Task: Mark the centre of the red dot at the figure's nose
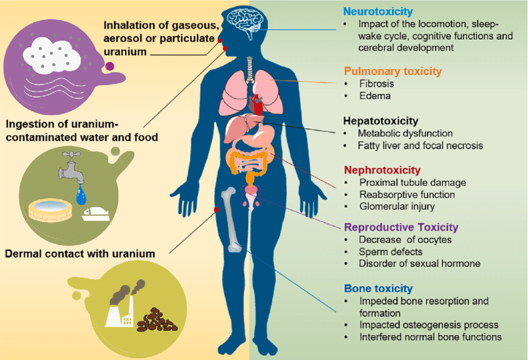[x=220, y=41]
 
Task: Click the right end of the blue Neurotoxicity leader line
[x=336, y=30]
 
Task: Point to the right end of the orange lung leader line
[x=336, y=83]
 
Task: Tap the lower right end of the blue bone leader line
[x=336, y=312]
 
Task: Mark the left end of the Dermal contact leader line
[x=170, y=253]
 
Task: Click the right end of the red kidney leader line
[x=336, y=188]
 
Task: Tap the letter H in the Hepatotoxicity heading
[x=347, y=121]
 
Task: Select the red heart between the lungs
[x=257, y=104]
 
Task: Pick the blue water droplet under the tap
[x=81, y=195]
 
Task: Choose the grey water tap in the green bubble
[x=71, y=167]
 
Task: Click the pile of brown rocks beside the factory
[x=157, y=320]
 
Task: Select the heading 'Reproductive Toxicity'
[x=401, y=227]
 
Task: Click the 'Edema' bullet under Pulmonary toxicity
[x=375, y=96]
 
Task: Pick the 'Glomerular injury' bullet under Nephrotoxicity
[x=397, y=206]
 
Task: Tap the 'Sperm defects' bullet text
[x=391, y=252]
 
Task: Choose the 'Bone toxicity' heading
[x=378, y=288]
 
